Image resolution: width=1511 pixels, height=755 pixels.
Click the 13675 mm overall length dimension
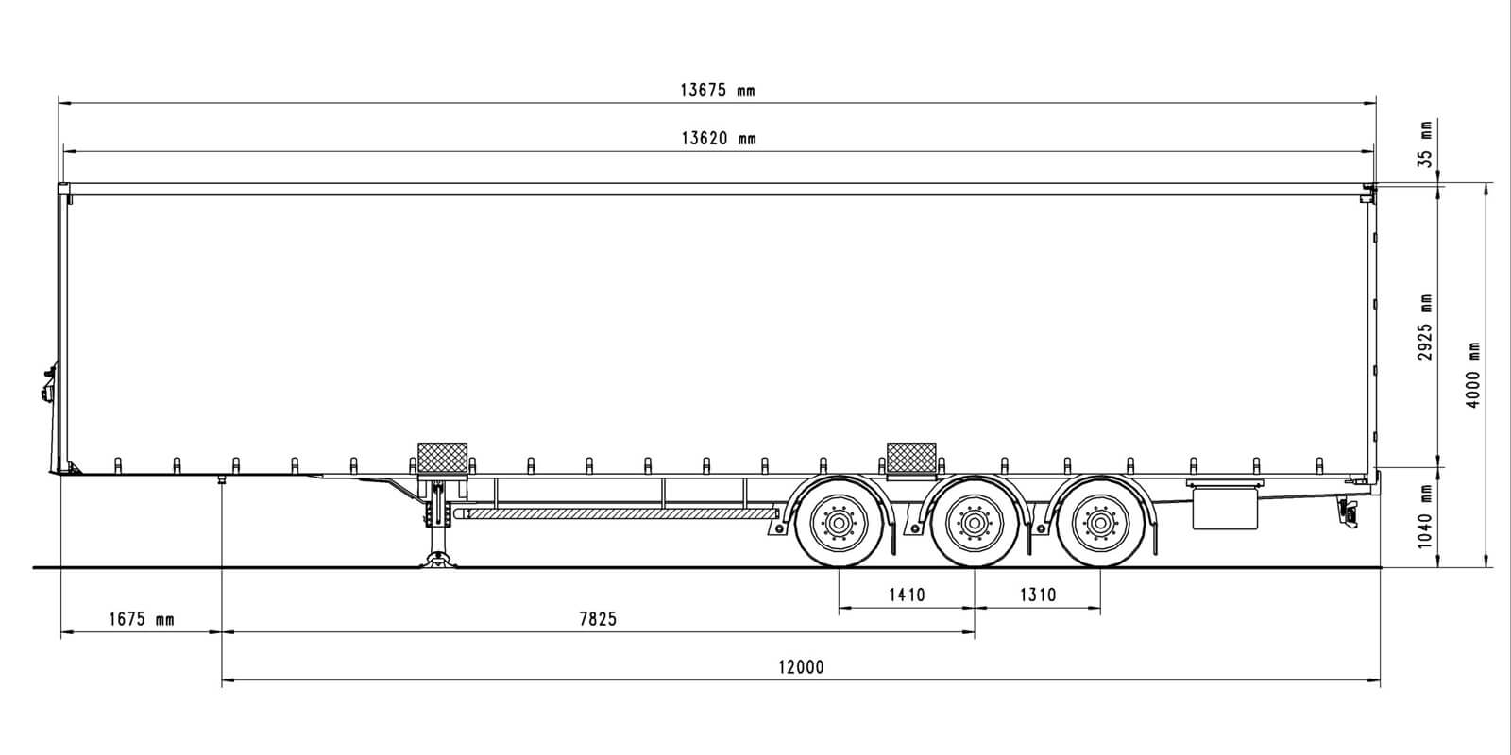coord(717,91)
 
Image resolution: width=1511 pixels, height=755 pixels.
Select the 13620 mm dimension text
coord(719,139)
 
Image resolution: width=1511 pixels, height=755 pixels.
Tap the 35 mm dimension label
coord(1425,144)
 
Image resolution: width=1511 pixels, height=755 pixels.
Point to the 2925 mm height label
coord(1425,327)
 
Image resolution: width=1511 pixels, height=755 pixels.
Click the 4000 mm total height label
coord(1473,375)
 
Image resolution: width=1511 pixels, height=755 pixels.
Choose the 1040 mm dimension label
coord(1425,516)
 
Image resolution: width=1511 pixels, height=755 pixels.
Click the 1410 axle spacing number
coord(907,596)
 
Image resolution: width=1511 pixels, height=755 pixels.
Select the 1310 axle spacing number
coord(1038,596)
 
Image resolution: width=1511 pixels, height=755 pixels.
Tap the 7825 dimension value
coord(598,619)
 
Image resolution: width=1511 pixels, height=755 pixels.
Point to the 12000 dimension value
coord(802,667)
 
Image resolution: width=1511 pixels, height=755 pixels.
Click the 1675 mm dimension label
coord(142,619)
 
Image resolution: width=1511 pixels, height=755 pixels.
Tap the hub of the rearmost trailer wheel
coord(1100,523)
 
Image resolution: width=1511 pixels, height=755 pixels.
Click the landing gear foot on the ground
coord(439,561)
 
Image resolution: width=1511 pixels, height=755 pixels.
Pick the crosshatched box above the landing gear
coord(443,459)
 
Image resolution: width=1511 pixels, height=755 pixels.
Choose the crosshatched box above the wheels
coord(911,459)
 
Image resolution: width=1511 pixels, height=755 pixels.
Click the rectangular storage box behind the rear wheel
coord(1225,509)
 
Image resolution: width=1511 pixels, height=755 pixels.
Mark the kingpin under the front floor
coord(221,480)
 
